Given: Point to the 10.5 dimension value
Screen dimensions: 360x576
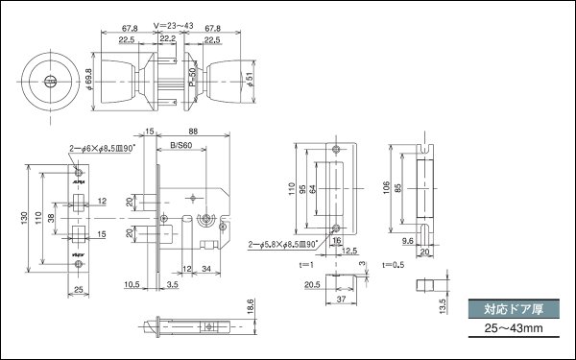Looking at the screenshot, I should [x=132, y=284].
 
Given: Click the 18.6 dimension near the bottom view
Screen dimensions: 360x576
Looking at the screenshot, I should [x=249, y=307].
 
